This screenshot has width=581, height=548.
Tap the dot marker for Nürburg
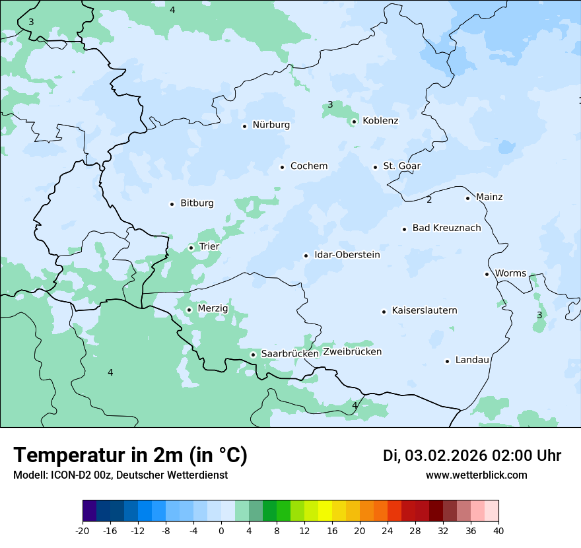[244, 126]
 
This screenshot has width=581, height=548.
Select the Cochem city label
[309, 166]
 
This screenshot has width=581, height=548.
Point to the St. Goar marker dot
[375, 167]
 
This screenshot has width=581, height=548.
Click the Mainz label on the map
[489, 197]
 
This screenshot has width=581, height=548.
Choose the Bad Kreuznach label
[446, 228]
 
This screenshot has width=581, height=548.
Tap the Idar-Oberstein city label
[347, 255]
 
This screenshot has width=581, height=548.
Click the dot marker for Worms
[487, 274]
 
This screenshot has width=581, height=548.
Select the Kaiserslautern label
[425, 310]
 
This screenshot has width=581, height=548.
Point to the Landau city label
[472, 360]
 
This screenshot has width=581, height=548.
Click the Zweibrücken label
[352, 352]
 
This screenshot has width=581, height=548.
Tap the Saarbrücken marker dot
[253, 355]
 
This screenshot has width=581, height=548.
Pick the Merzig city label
[213, 309]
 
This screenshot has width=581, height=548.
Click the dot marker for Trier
[191, 248]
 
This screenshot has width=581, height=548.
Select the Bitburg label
[197, 203]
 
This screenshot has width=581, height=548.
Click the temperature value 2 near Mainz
[429, 200]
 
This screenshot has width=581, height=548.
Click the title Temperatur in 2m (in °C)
[130, 455]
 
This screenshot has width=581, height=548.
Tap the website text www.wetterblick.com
[476, 475]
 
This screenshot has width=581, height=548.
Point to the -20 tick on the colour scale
[83, 530]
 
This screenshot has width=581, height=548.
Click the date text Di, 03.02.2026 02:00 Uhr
[472, 456]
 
